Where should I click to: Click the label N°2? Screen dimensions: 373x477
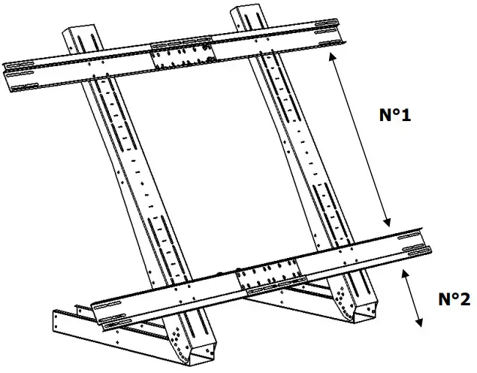(454, 299)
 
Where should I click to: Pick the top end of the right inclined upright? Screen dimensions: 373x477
(247, 13)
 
